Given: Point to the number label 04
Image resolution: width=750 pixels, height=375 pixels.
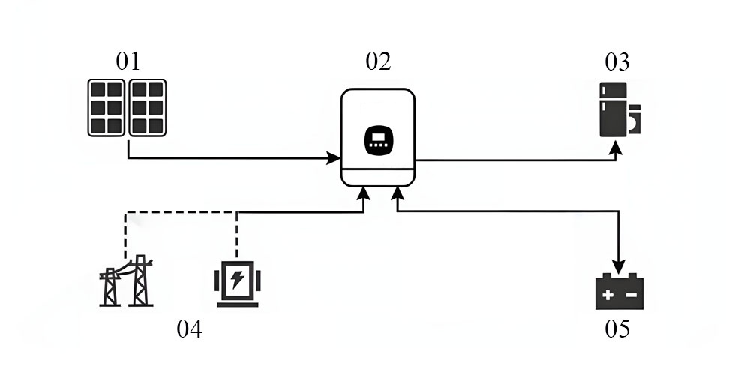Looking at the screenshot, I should (x=189, y=328).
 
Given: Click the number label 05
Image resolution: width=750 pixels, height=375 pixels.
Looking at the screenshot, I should (x=618, y=328).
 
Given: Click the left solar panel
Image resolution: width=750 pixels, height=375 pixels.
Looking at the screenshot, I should (x=106, y=107).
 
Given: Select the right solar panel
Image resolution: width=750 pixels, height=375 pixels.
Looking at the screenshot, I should (x=148, y=107).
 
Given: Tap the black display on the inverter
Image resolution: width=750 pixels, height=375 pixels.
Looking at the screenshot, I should (x=378, y=140).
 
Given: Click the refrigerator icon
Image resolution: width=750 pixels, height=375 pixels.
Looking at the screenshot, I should (x=613, y=110).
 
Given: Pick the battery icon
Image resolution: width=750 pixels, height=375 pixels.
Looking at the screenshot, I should (x=619, y=292).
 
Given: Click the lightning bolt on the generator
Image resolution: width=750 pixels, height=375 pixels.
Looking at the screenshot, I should (x=237, y=280).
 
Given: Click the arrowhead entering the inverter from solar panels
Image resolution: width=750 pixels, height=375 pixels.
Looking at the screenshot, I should (x=335, y=158).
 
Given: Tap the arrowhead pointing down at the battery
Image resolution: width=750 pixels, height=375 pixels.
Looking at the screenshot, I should (x=618, y=267).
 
